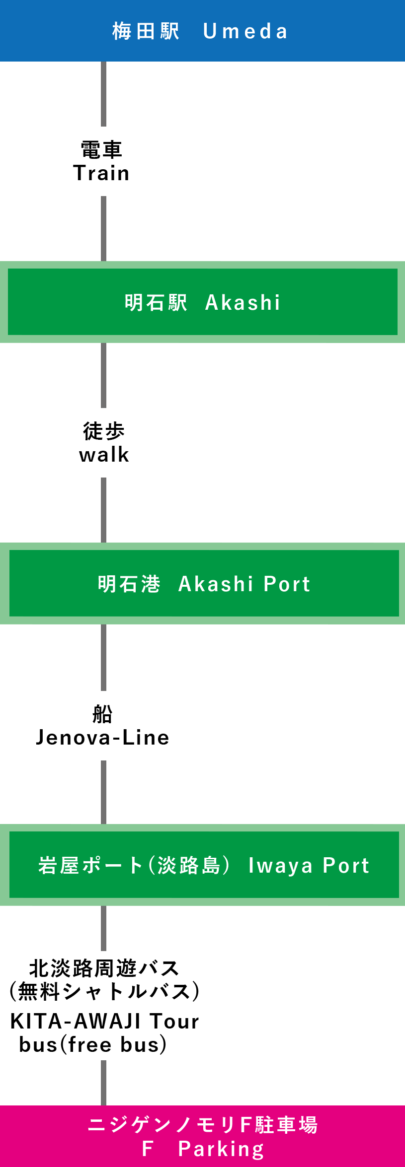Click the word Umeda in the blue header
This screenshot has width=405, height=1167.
[245, 32]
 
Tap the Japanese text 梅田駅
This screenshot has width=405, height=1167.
[146, 31]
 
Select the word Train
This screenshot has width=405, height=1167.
[101, 173]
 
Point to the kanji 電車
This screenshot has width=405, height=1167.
[101, 149]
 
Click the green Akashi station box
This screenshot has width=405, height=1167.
[203, 302]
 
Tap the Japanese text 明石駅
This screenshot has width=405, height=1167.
[156, 302]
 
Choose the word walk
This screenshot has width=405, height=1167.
[104, 455]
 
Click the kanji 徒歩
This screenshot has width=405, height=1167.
[103, 431]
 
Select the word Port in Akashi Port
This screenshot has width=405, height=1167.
[287, 584]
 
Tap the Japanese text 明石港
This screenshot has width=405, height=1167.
[129, 584]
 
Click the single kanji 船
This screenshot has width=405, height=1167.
[102, 714]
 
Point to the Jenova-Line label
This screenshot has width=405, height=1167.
[102, 738]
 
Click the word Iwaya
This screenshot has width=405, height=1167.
[280, 866]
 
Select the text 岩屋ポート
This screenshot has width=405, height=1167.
[90, 866]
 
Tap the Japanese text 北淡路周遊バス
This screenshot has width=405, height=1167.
[104, 968]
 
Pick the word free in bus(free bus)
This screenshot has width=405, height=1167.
[89, 1045]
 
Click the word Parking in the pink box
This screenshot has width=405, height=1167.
[221, 1149]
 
